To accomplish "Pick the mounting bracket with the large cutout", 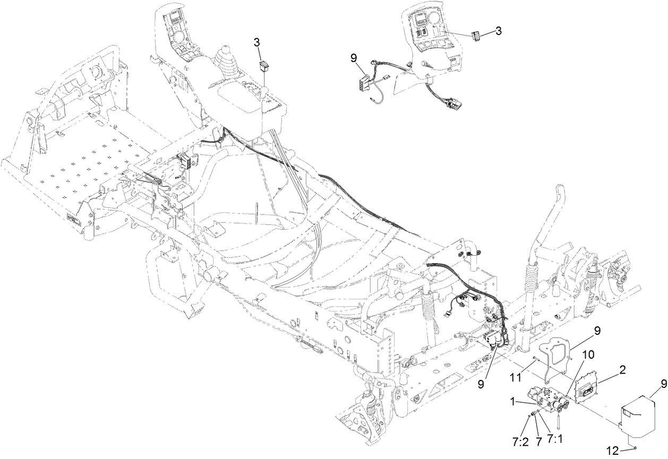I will [x=553, y=354].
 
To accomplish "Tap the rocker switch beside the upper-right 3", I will [x=477, y=36].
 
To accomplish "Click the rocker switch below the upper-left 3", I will [x=263, y=66].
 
